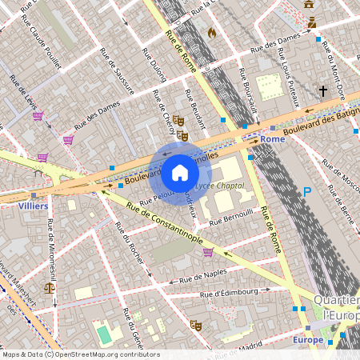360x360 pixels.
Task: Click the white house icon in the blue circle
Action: (180, 172)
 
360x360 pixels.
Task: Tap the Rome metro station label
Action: (272, 139)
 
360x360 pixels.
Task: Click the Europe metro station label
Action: (308, 340)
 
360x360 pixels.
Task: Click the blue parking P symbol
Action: (307, 192)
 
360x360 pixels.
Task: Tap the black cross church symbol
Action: (323, 91)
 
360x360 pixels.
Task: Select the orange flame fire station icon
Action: (211, 34)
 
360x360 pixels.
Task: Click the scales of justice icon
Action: (50, 285)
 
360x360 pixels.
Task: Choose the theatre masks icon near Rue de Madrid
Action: (194, 326)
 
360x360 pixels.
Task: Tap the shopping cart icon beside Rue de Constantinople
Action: (208, 252)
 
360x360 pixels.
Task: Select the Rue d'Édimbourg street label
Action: (245, 293)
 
